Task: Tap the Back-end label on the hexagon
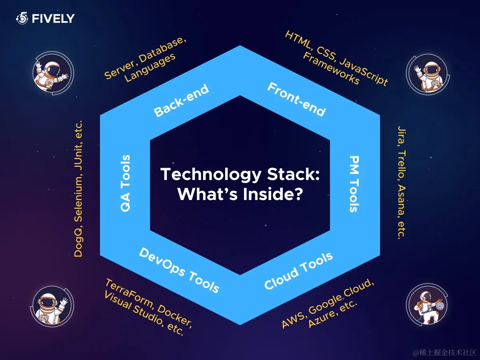(x=181, y=101)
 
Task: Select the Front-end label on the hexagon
(x=296, y=99)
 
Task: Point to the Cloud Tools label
(x=299, y=271)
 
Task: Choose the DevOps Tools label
(x=179, y=270)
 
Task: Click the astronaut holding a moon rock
(x=426, y=306)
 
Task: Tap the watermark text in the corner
(x=445, y=352)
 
